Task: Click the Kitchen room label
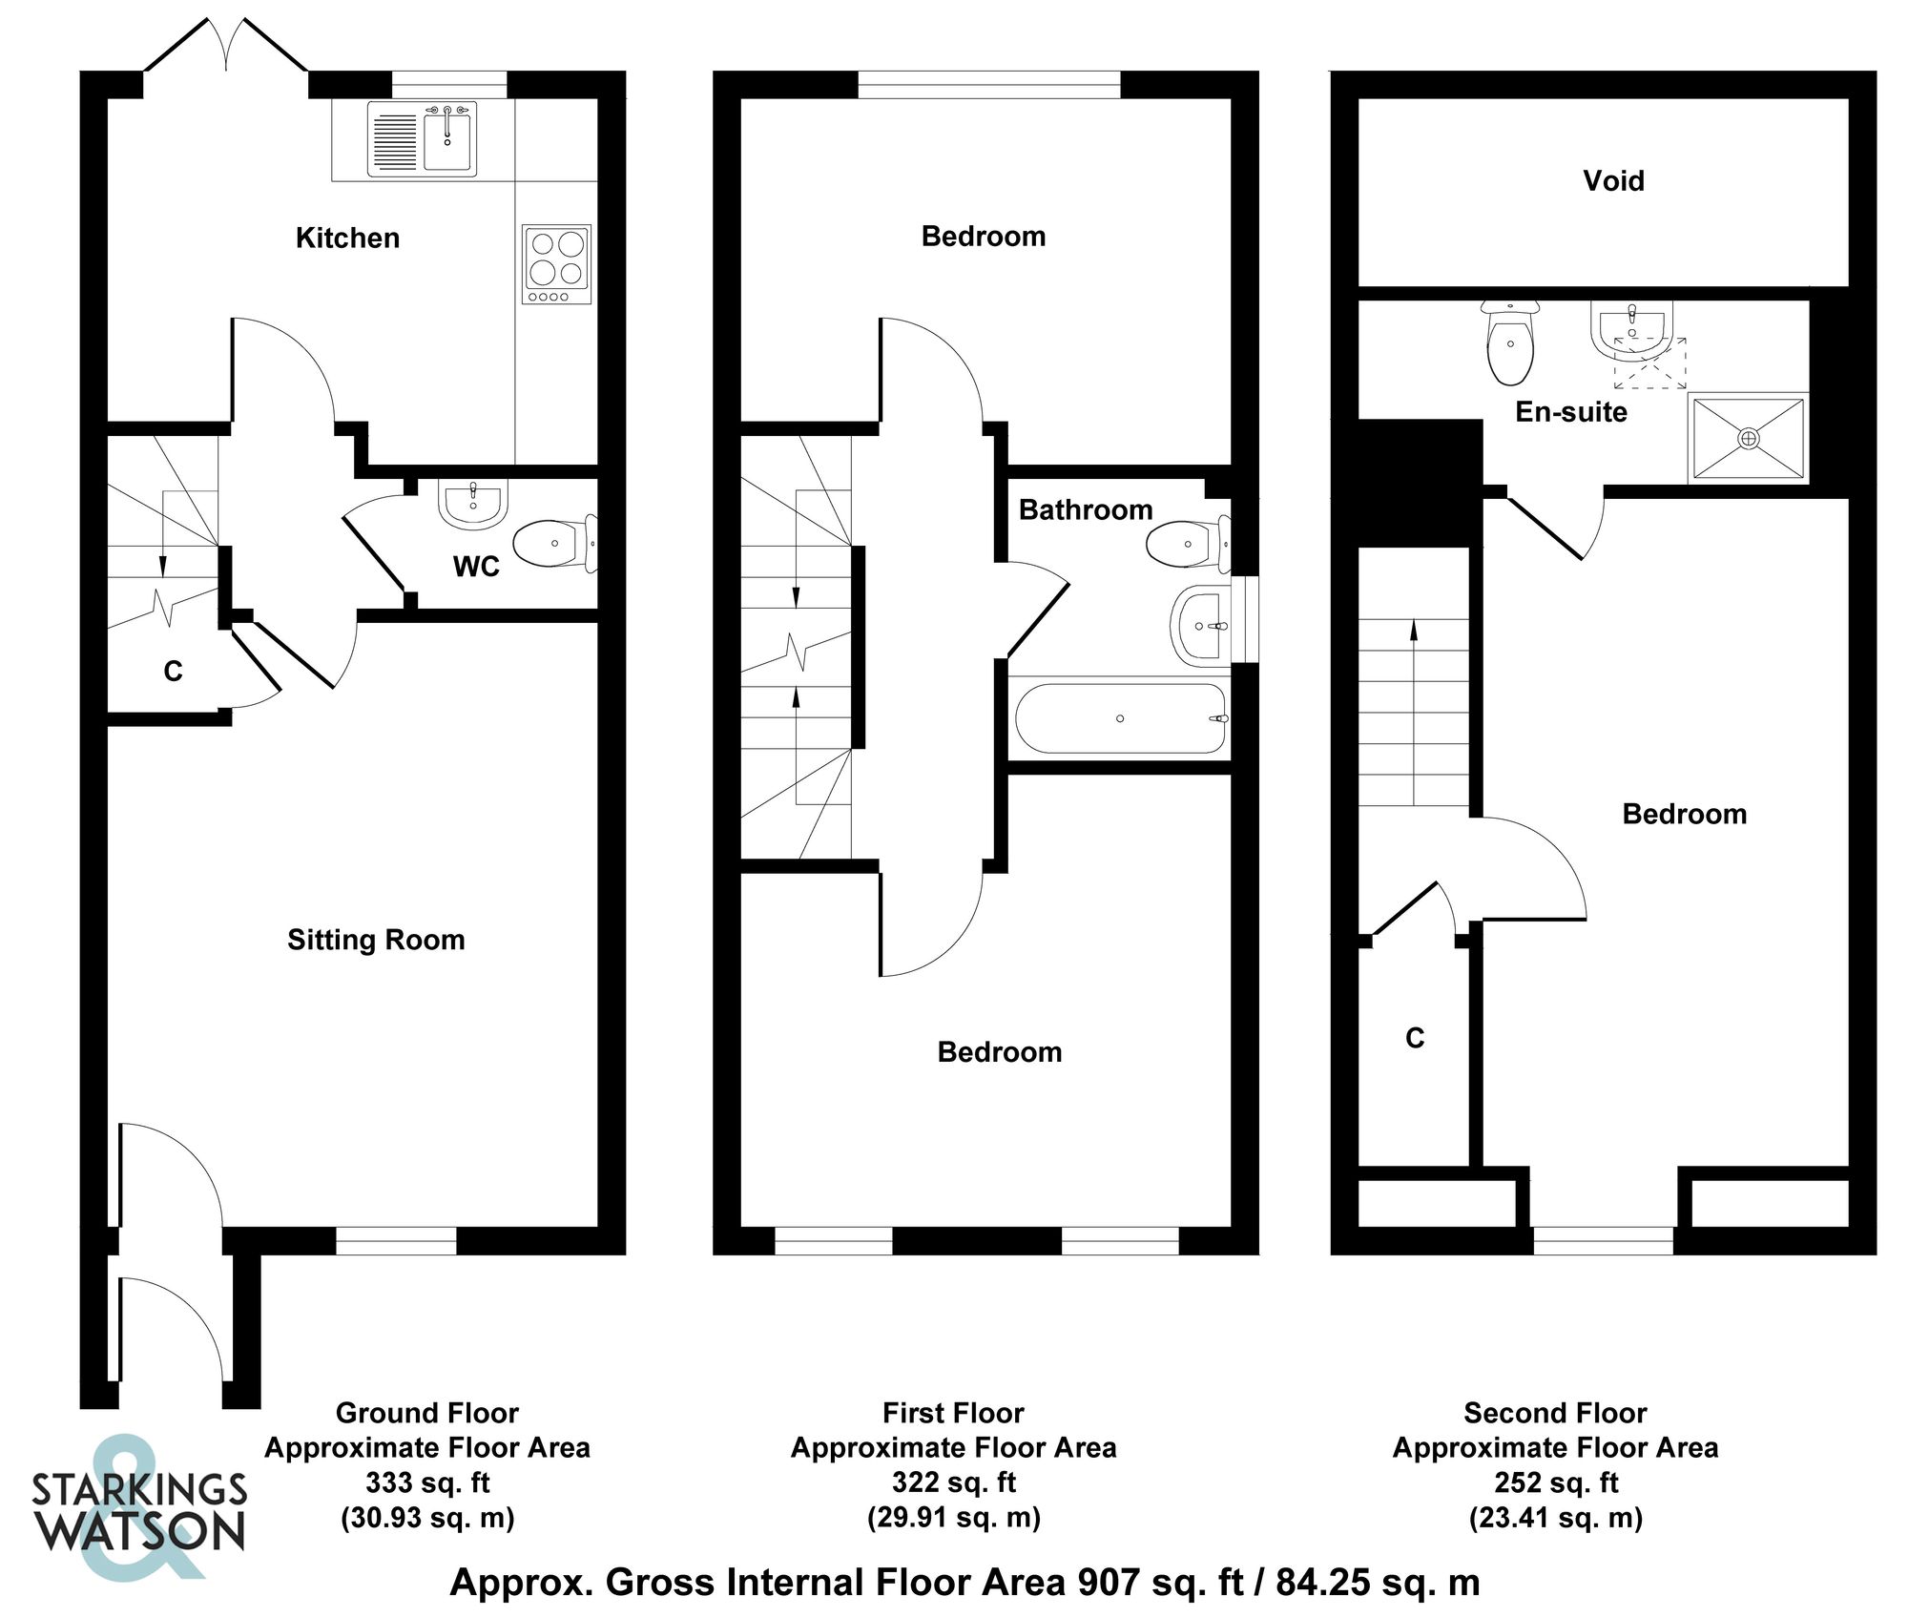(x=347, y=238)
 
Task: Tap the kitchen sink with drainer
(x=422, y=140)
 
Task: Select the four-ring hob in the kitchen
(x=557, y=264)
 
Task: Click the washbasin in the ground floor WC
(x=472, y=503)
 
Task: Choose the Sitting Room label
(x=376, y=940)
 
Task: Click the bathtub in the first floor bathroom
(x=1120, y=718)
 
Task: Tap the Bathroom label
(x=1086, y=509)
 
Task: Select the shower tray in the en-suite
(x=1748, y=438)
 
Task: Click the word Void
(x=1613, y=180)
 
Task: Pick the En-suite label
(x=1571, y=411)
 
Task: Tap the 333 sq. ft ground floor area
(x=427, y=1482)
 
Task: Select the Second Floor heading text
(x=1555, y=1412)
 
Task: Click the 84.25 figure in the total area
(x=1323, y=1582)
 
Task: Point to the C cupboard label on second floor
(x=1415, y=1038)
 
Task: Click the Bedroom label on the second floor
(x=1685, y=814)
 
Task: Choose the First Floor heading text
(x=953, y=1412)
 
